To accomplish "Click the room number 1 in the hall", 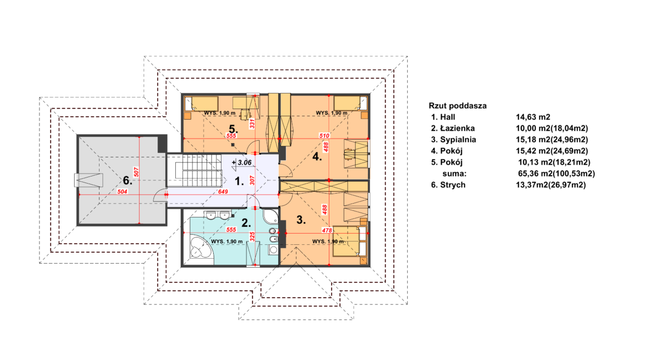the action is coord(239,181).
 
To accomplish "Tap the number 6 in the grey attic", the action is coord(127,180).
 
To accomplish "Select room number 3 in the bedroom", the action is coord(301,220).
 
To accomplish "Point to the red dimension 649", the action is coord(223,192).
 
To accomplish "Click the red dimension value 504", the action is coord(122,192).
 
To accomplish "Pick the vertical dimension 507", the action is coord(136,172).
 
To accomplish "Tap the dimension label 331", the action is coord(251,124).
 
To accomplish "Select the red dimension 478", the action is coord(327,230).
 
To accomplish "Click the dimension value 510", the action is coord(324,136).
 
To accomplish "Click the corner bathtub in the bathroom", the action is coord(201,246).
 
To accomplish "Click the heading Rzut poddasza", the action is coord(457,106).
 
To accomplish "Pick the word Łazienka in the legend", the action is coord(457,129).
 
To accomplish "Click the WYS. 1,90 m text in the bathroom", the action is coord(226,241).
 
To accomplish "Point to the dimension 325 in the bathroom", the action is coord(252,236).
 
